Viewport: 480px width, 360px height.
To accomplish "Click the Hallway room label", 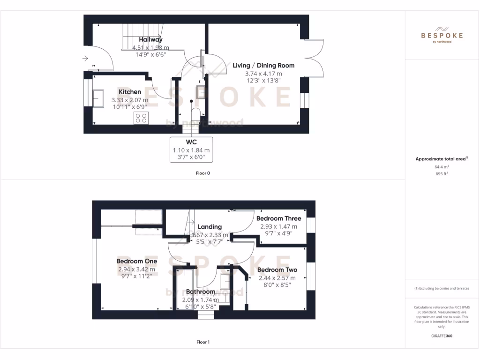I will pos(150,40).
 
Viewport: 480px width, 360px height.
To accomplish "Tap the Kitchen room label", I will pos(130,92).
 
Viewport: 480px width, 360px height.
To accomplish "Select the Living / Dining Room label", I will pos(263,66).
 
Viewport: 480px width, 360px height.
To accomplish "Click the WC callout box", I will pos(191,150).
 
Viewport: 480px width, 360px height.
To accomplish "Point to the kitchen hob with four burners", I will pos(141,118).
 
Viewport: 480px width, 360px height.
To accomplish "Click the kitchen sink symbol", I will pos(99,98).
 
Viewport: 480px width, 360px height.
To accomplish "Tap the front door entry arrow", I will pos(85,59).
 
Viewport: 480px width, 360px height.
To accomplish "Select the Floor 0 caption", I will pos(203,173).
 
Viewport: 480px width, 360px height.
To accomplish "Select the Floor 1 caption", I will pos(203,342).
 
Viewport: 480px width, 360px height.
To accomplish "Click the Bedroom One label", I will pos(136,261).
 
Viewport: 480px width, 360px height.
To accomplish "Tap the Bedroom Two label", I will pos(277,270).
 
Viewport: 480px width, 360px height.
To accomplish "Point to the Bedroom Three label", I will pos(278,218).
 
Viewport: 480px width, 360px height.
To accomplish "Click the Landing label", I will pos(210,227).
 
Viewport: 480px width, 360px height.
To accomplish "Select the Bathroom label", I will pos(201,292).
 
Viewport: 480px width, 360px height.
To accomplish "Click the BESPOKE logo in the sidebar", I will pos(442,35).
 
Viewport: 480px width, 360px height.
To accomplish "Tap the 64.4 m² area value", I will pos(442,166).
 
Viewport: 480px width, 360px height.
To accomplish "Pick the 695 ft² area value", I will pos(442,173).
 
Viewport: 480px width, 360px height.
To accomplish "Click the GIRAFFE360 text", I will pos(442,336).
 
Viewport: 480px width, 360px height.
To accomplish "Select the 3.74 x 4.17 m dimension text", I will pos(263,74).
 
